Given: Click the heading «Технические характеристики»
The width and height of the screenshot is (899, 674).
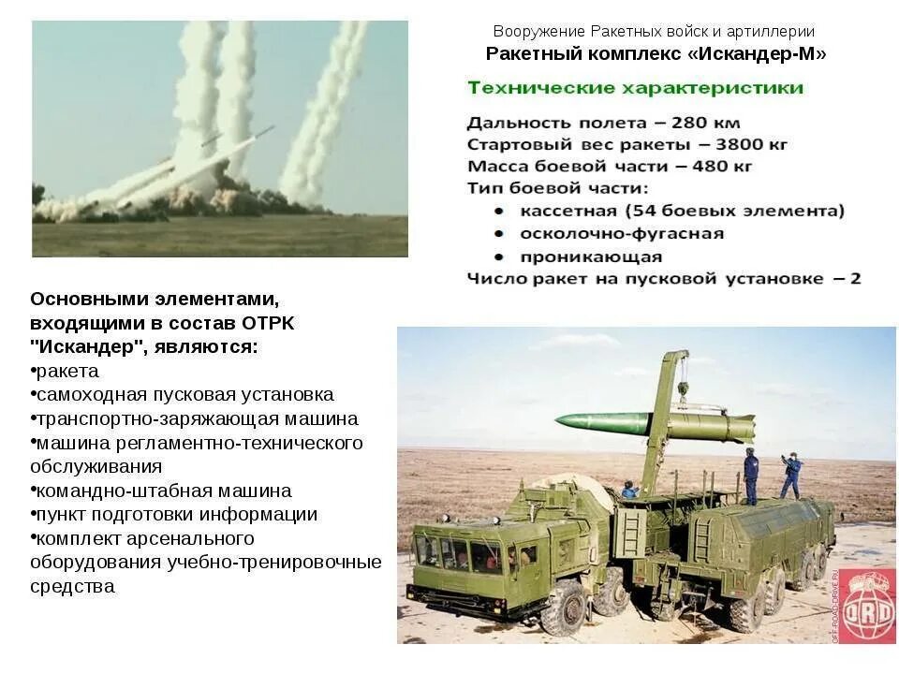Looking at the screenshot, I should click(x=635, y=88).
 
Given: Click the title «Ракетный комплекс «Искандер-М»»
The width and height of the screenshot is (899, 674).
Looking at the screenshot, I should click(x=656, y=54).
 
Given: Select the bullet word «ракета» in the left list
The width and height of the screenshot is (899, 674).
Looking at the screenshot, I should click(x=66, y=372).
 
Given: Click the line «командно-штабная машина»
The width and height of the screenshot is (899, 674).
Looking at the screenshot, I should click(x=163, y=491).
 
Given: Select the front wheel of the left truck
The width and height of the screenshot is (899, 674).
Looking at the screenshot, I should click(x=563, y=608).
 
